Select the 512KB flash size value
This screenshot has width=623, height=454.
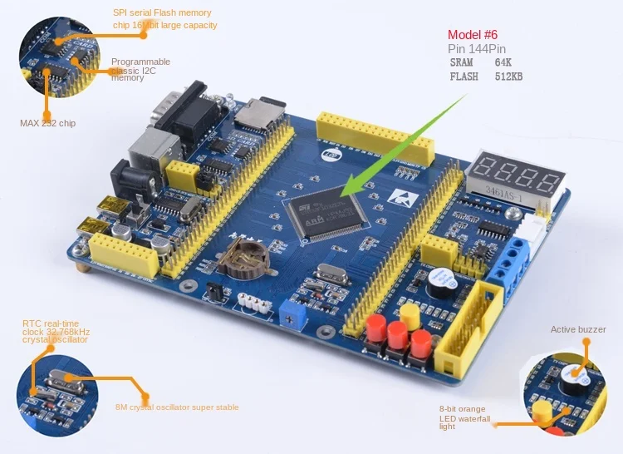(508, 77)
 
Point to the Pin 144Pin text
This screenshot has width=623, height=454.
(477, 49)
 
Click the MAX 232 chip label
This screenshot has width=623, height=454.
(47, 123)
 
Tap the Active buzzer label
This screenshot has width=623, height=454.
(578, 330)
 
